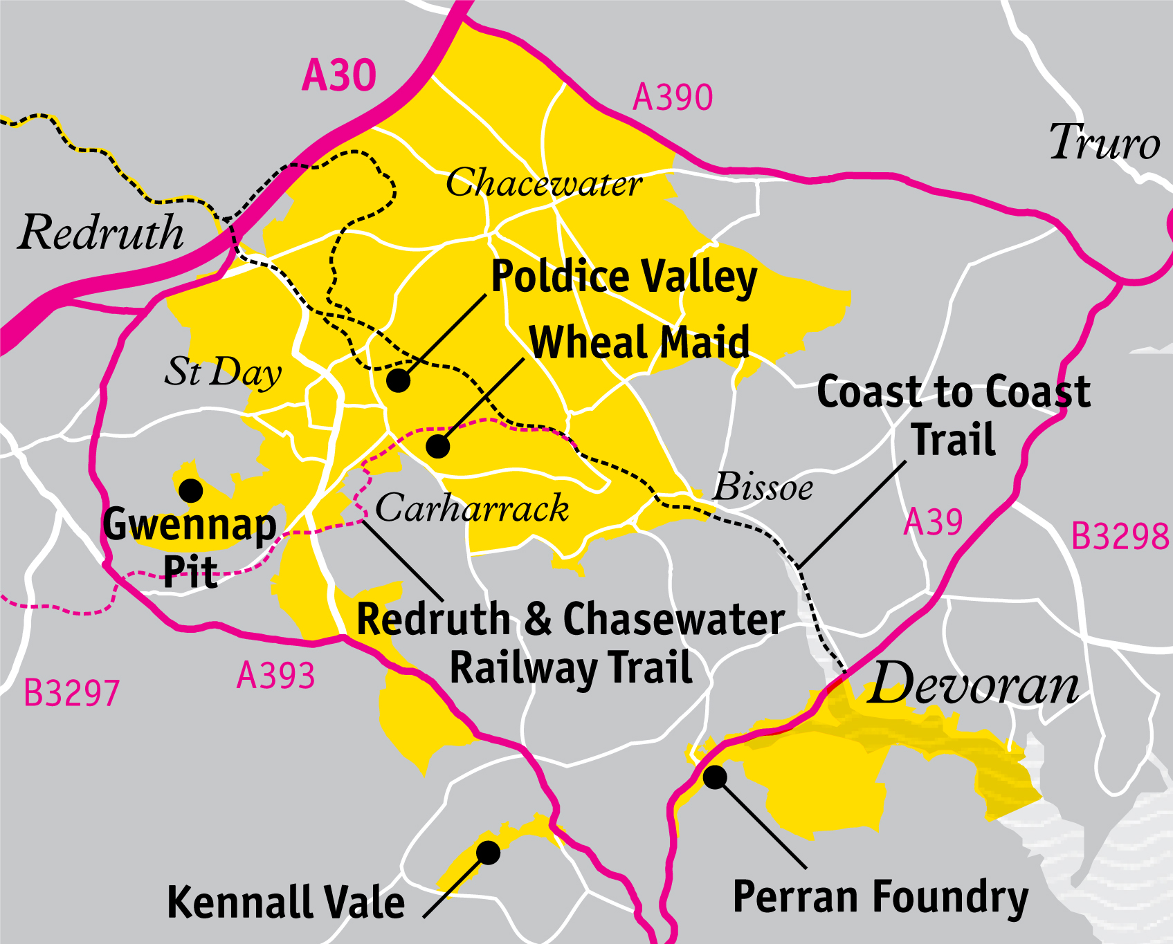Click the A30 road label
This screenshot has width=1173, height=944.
click(x=339, y=75)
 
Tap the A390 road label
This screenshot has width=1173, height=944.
click(x=673, y=98)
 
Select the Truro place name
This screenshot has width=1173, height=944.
click(x=1104, y=142)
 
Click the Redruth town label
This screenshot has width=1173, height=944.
click(x=102, y=232)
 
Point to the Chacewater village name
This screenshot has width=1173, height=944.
click(x=544, y=183)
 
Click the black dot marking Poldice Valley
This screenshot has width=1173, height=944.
click(x=398, y=380)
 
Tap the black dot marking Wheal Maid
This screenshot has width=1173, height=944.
click(x=437, y=446)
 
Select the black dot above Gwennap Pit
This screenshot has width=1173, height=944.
click(x=190, y=490)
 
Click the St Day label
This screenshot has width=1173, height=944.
click(x=223, y=372)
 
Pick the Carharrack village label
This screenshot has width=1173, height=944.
click(x=472, y=508)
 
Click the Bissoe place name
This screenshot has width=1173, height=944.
click(x=763, y=487)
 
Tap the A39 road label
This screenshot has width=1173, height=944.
click(x=933, y=522)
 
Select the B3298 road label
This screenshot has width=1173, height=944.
click(x=1120, y=537)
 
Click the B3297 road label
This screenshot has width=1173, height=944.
click(x=71, y=694)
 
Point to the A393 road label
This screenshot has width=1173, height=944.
click(x=275, y=676)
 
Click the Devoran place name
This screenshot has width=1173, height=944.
click(x=972, y=684)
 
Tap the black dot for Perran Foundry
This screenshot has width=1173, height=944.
click(x=715, y=777)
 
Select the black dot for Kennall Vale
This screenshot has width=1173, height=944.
click(x=488, y=852)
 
